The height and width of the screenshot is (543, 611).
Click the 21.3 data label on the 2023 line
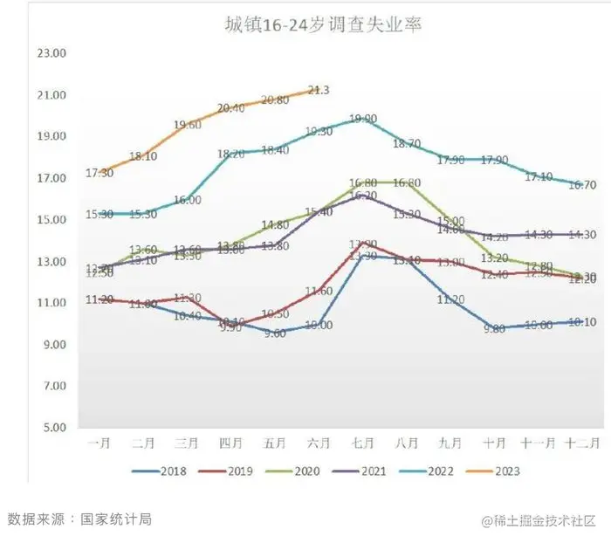[x=319, y=90]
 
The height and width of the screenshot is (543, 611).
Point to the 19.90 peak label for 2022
[x=363, y=119]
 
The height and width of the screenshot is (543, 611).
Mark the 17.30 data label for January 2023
[x=100, y=174]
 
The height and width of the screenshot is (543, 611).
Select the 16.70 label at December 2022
[x=581, y=185]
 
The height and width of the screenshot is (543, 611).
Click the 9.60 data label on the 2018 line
[x=275, y=333]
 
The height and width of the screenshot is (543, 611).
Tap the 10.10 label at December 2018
[x=581, y=322]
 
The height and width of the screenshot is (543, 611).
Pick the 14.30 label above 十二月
[x=581, y=234]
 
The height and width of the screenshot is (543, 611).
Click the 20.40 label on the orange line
[x=230, y=108]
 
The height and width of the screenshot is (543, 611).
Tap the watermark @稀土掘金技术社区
[x=538, y=520]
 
